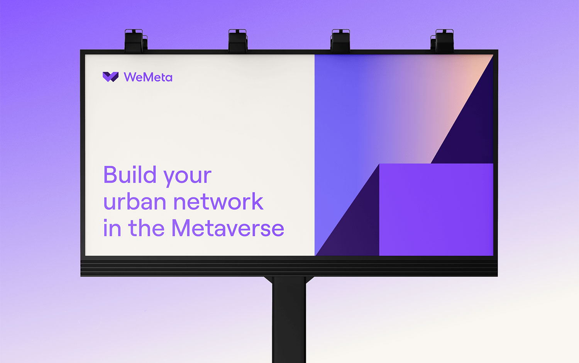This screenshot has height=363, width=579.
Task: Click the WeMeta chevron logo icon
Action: [x=111, y=77]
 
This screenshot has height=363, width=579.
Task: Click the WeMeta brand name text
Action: [x=148, y=77]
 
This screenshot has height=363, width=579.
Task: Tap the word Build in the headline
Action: [x=130, y=174]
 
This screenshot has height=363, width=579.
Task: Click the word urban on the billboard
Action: [x=135, y=201]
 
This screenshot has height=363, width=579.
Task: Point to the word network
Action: [x=218, y=201]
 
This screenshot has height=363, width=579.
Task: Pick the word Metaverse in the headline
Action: [x=228, y=228]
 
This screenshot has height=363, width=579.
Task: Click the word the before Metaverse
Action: [x=146, y=228]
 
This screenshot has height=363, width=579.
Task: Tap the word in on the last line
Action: [x=112, y=228]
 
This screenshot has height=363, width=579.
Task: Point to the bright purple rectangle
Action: [x=436, y=209]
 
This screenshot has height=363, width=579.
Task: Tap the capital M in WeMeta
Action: [x=147, y=77]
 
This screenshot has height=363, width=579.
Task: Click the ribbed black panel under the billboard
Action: [x=289, y=268]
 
